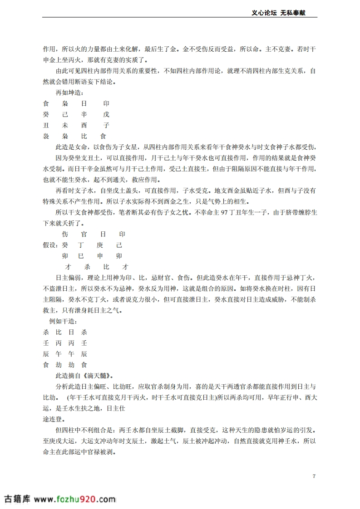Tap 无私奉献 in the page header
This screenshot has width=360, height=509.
(x=292, y=13)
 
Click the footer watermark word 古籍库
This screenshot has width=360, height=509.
(x=17, y=499)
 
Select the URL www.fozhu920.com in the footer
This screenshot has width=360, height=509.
(x=74, y=499)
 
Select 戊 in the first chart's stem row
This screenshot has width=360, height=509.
(x=106, y=114)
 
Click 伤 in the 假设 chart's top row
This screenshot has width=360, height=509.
(x=65, y=234)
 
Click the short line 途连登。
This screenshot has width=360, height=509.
(x=53, y=419)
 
